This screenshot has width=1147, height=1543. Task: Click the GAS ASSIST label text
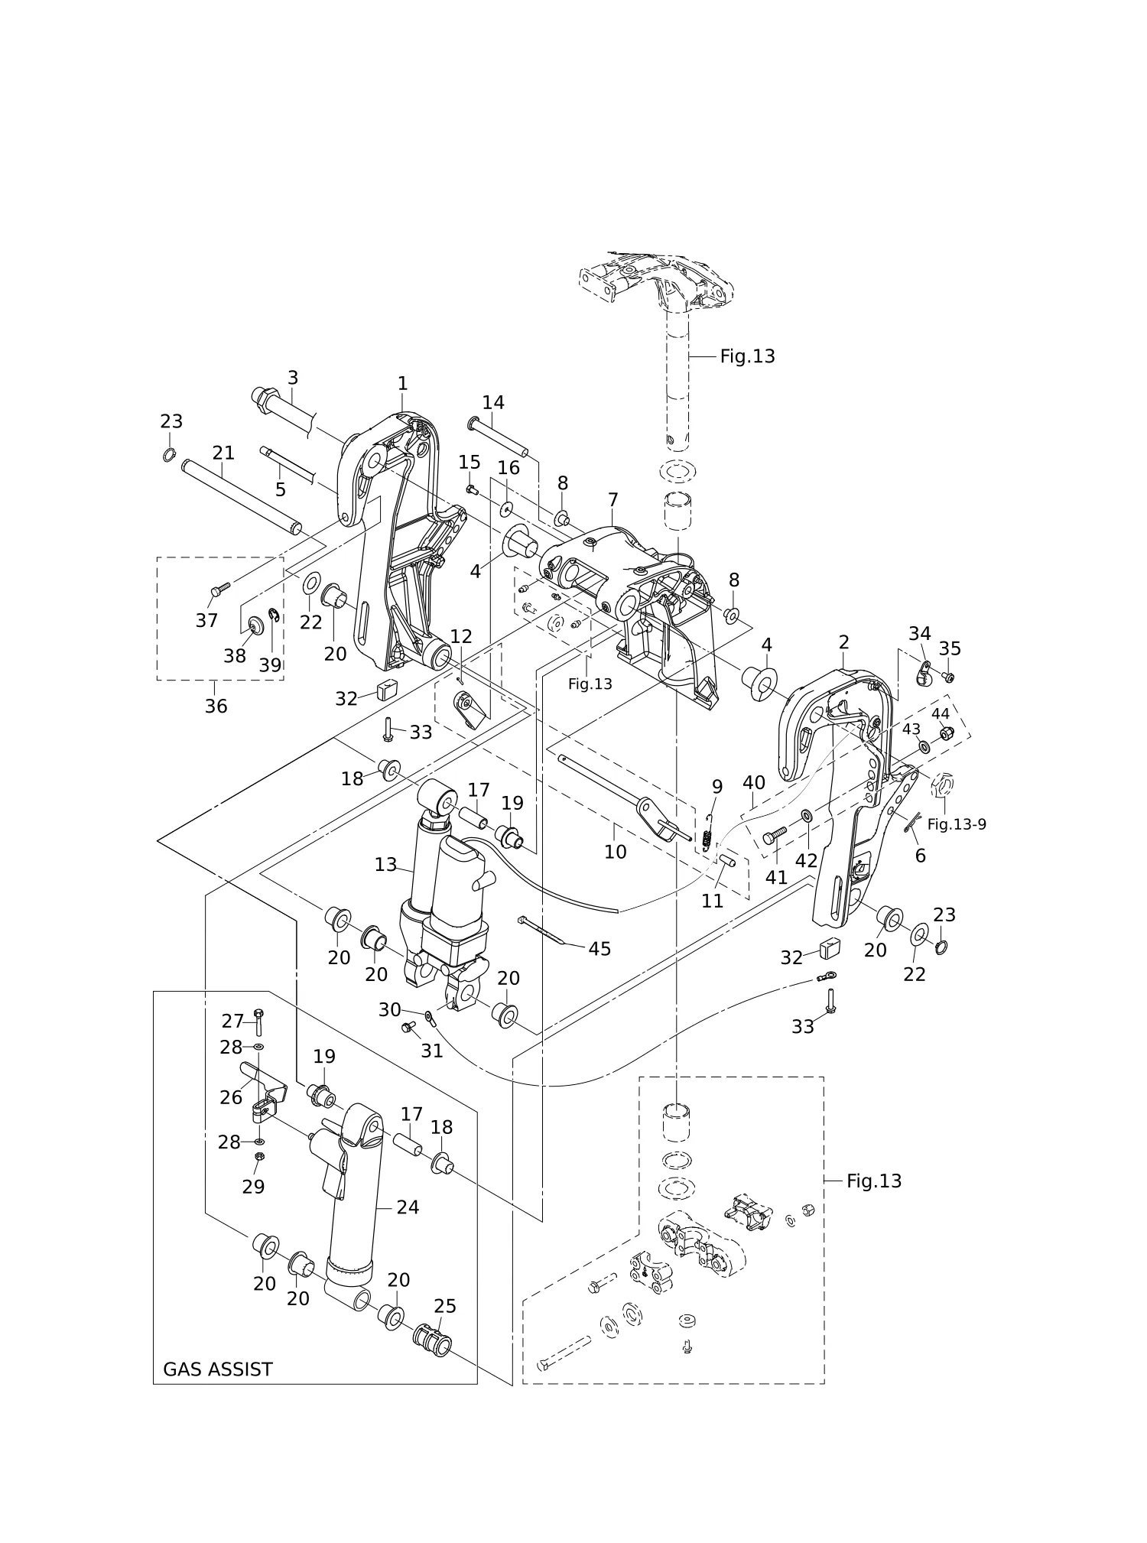(217, 1369)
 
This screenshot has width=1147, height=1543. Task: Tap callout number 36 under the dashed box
(216, 706)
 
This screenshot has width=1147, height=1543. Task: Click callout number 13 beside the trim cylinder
(385, 864)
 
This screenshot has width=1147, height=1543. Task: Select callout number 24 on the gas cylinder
(408, 1207)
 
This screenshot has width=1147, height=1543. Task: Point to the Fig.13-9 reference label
(957, 824)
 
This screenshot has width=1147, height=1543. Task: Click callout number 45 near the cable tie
(599, 948)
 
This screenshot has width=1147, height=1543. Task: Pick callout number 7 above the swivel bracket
(613, 500)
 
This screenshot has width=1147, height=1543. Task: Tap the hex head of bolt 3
(263, 397)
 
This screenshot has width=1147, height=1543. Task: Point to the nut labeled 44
(946, 734)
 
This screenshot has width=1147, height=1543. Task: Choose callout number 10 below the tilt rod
(615, 851)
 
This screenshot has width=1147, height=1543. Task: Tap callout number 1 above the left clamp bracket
(402, 383)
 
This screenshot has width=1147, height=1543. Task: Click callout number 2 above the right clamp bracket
(843, 642)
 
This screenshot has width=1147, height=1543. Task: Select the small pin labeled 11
(727, 859)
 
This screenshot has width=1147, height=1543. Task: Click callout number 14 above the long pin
(493, 402)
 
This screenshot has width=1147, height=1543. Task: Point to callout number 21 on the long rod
(223, 453)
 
